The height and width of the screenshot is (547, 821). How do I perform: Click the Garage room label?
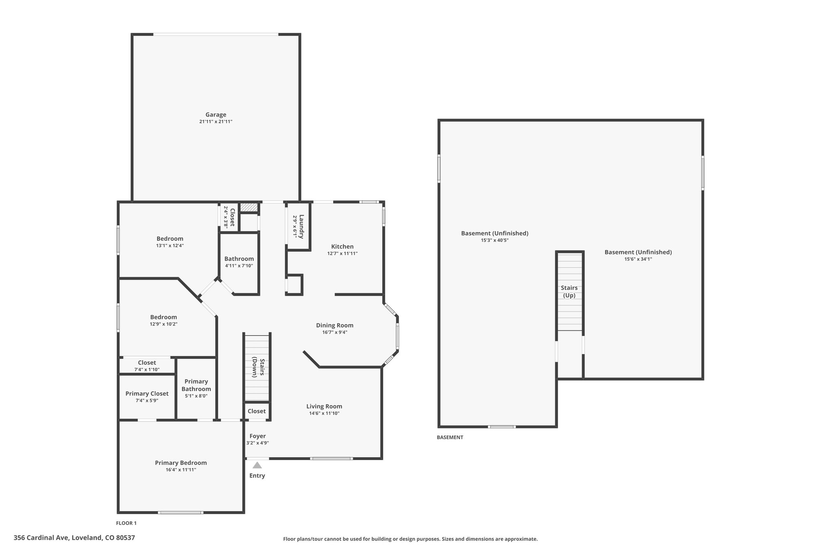click(x=216, y=115)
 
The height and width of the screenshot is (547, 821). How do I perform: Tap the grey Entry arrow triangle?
click(x=257, y=465)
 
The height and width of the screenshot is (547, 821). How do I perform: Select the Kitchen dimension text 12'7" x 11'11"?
click(x=342, y=254)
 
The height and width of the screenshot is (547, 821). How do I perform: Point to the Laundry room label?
click(x=301, y=227)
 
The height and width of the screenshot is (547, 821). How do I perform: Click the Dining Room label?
click(x=335, y=325)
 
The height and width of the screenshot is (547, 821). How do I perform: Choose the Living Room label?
click(x=324, y=406)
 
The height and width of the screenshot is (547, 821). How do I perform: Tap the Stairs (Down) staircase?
click(x=257, y=368)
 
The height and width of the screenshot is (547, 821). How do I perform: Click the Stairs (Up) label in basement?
click(x=569, y=291)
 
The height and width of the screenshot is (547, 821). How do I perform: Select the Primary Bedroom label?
click(x=181, y=463)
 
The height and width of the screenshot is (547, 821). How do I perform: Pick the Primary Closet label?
click(x=147, y=394)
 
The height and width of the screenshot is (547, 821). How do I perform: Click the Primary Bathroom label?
click(x=196, y=385)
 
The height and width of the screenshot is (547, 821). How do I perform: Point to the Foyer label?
click(x=257, y=436)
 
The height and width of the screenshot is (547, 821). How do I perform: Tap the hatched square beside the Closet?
click(x=249, y=208)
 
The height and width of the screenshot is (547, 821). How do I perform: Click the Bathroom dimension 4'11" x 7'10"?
click(x=239, y=266)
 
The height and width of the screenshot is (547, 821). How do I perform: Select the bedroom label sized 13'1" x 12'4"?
click(x=170, y=239)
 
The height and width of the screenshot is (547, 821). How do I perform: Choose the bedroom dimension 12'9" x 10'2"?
click(x=164, y=324)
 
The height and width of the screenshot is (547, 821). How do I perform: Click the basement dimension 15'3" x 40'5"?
click(x=495, y=240)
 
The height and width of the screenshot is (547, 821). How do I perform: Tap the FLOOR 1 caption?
click(x=126, y=523)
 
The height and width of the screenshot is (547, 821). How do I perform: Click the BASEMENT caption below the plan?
click(x=450, y=437)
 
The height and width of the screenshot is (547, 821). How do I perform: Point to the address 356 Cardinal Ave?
click(x=41, y=537)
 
